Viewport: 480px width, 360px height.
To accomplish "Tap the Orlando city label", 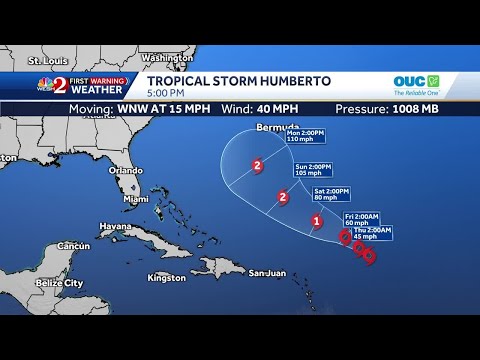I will click(126, 170).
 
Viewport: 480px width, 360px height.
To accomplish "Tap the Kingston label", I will click(166, 277).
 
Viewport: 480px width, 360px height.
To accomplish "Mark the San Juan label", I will click(267, 272).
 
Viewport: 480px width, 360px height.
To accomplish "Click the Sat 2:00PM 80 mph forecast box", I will click(333, 194).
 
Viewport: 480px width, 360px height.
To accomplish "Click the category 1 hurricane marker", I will click(317, 221).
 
